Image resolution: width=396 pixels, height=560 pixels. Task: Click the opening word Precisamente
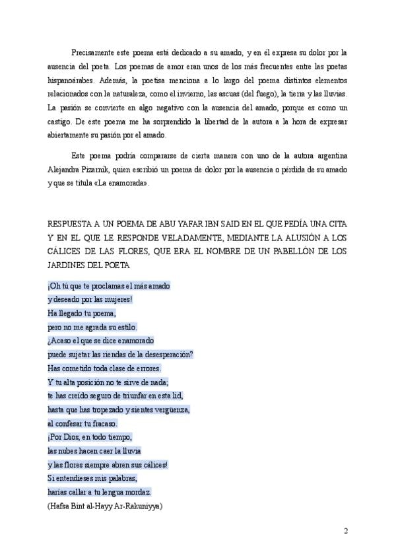click(x=92, y=52)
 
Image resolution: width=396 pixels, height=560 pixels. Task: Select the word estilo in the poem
click(x=126, y=327)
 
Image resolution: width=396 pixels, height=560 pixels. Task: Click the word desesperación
click(x=164, y=354)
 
